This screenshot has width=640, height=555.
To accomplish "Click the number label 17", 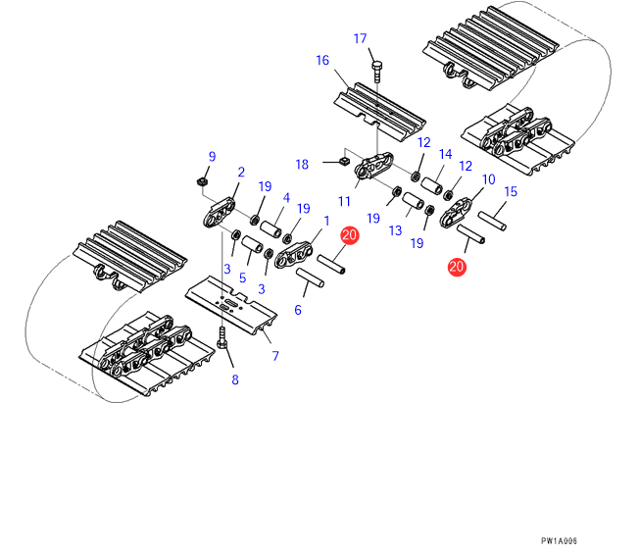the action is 360,38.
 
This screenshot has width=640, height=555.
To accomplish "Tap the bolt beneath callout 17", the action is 377,72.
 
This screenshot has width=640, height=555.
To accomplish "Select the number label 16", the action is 322,61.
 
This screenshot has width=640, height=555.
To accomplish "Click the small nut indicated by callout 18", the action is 345,161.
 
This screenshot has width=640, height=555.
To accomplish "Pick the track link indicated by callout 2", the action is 220,212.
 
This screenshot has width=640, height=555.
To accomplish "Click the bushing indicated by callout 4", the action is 271,228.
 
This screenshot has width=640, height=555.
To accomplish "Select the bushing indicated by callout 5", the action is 253,244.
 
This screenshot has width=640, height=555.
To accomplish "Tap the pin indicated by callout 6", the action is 311,277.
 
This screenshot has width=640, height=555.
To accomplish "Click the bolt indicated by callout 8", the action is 222,338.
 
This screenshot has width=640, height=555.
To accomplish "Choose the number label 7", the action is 275,356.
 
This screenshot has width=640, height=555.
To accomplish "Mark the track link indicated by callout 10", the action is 456,213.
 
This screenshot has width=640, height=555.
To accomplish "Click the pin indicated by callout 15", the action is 492,221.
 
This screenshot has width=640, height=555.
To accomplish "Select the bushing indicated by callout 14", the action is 432,185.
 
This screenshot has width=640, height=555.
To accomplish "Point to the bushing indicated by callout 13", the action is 413,201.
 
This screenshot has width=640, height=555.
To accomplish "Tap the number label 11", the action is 344,201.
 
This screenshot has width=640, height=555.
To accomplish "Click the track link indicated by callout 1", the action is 294,255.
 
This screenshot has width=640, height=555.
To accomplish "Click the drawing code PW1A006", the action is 559,541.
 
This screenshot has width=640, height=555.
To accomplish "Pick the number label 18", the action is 302,164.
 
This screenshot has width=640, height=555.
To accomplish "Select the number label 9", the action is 212,157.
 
